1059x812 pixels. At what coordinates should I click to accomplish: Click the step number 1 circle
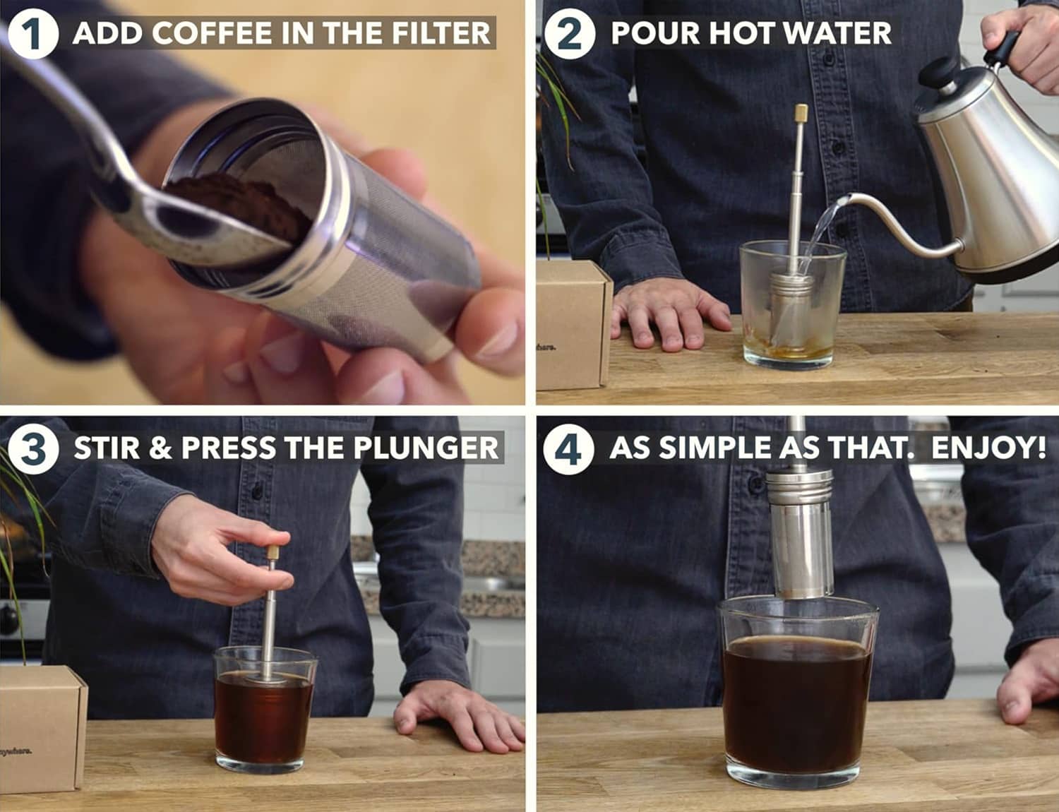[33, 34]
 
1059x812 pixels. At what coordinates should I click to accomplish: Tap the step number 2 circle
[569, 34]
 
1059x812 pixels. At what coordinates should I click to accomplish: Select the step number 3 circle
[33, 448]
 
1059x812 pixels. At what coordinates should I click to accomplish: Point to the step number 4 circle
[568, 448]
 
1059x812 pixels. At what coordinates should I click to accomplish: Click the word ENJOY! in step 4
[988, 448]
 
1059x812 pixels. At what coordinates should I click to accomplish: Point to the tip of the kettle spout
[847, 198]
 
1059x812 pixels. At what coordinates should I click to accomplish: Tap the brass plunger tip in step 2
[801, 113]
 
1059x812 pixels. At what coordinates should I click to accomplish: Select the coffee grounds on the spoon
[239, 205]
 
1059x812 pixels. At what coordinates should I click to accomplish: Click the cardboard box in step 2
[574, 325]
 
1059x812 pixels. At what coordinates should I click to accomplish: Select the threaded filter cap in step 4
[798, 488]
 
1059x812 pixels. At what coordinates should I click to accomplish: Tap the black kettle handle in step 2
[1002, 49]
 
